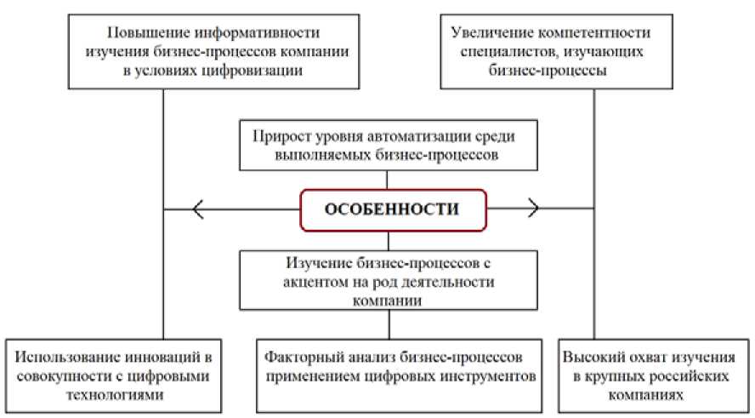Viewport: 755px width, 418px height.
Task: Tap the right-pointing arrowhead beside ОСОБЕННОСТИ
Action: pyautogui.click(x=531, y=208)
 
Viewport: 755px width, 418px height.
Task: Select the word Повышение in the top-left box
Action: pyautogui.click(x=139, y=33)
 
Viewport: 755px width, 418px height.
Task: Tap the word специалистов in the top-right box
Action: pyautogui.click(x=501, y=53)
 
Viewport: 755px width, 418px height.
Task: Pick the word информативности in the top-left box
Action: pyautogui.click(x=252, y=33)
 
